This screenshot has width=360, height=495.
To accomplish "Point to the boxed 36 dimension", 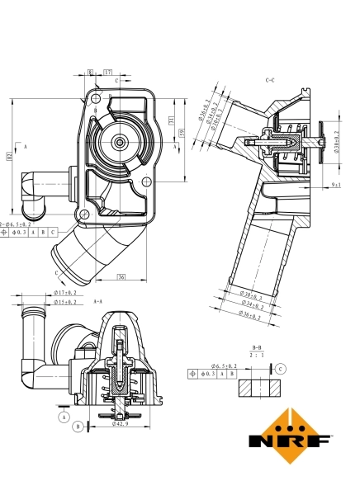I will pos(121,276).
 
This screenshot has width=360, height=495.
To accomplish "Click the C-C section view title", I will pos(270,81).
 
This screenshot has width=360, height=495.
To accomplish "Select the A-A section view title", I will pos(98,301).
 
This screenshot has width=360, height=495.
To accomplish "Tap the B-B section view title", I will pos(257,348).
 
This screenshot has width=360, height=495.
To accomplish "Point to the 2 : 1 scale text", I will pos(257,356).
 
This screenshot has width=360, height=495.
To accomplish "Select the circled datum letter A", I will pos(62,417).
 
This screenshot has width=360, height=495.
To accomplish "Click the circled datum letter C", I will pos(282,368).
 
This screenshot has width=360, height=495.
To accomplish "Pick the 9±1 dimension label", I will pos(336,186).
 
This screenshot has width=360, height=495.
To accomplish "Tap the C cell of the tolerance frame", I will pos(53,233).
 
